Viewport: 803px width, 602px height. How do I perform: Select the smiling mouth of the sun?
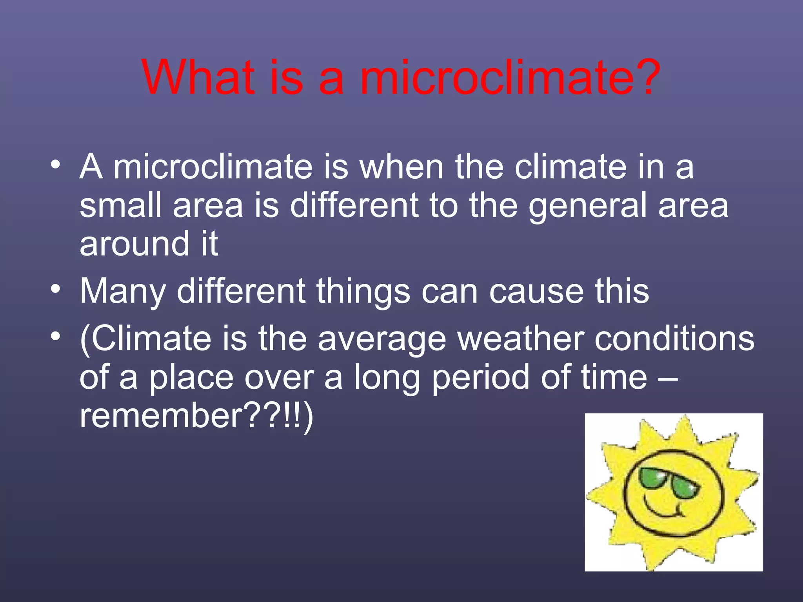point(663,510)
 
